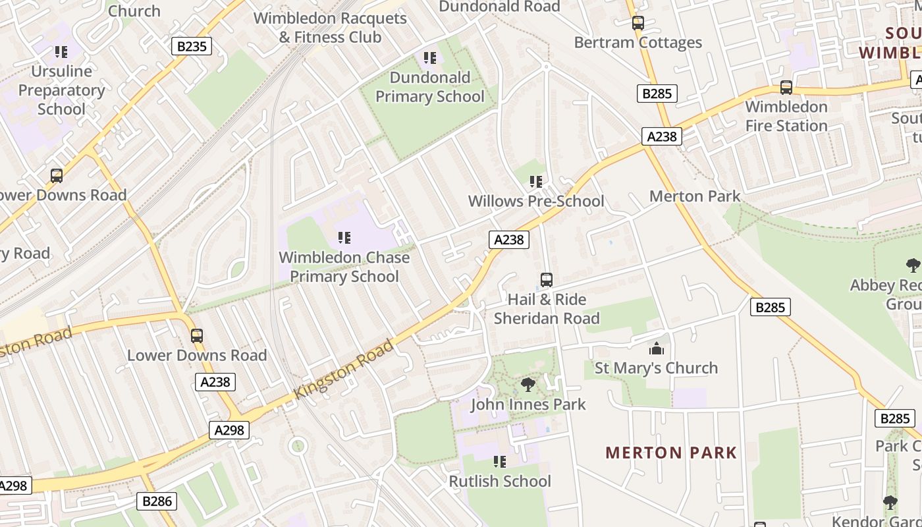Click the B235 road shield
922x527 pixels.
192,46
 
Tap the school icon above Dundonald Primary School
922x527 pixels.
430,58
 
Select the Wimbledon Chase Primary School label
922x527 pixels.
344,267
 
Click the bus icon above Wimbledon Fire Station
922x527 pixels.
786,87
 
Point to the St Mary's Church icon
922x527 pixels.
656,348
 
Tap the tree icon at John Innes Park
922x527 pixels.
528,385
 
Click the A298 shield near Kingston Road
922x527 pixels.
229,430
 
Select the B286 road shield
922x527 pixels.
157,501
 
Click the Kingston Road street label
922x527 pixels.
344,369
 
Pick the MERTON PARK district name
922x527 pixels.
671,453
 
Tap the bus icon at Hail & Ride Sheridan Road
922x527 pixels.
546,280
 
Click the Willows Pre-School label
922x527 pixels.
535,201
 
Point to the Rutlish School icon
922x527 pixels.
500,462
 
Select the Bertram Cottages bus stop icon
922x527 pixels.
637,23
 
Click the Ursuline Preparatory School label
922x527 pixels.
61,90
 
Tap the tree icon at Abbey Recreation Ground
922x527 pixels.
913,265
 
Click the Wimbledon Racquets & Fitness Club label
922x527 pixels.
330,28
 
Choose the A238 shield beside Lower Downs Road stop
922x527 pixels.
215,381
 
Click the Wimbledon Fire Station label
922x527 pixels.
786,116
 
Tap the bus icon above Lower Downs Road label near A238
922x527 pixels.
196,335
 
